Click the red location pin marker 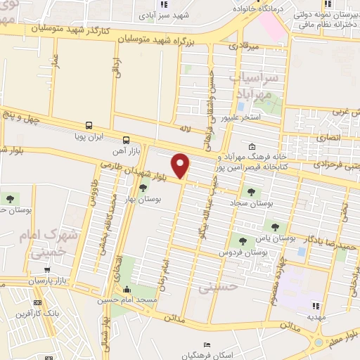181,165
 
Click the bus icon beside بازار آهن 126,139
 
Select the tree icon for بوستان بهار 143,187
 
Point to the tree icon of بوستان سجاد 250,191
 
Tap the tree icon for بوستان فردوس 242,241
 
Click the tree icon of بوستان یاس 275,227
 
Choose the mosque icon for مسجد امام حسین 127,290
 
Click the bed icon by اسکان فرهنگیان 205,345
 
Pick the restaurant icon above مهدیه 316,306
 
